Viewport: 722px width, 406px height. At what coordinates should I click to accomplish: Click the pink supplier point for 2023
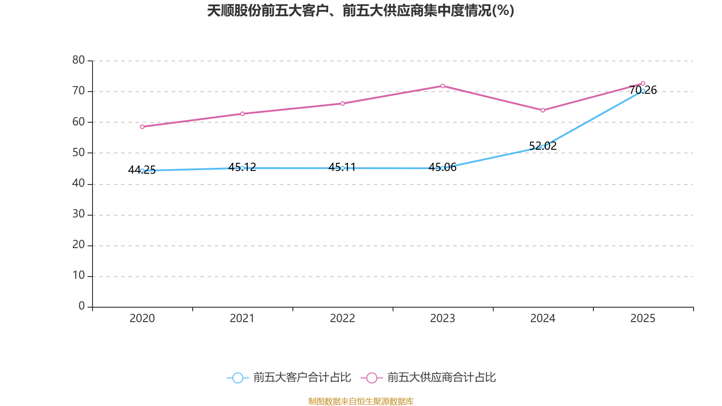pos(443,86)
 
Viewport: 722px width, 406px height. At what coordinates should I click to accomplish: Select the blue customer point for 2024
pos(543,147)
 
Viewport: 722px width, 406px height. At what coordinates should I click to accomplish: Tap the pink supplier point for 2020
pos(142,127)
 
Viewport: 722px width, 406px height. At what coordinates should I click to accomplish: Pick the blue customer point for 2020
pos(142,171)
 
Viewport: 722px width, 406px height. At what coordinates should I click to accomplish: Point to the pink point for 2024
pos(543,110)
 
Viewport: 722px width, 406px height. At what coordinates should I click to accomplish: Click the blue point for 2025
pos(643,91)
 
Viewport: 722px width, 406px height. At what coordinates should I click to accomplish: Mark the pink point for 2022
pos(342,103)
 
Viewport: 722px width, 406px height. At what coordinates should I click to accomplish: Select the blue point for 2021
pos(242,168)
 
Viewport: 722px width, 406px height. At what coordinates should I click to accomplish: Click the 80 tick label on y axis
pos(79,60)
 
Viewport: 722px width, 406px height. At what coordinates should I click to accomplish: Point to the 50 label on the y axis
pos(79,152)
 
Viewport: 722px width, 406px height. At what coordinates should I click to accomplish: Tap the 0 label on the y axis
pos(82,306)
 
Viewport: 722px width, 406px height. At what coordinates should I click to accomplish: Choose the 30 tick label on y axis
pos(79,214)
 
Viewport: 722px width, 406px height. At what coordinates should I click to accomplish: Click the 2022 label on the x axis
pos(342,318)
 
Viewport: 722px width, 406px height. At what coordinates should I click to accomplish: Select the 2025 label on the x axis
pos(643,318)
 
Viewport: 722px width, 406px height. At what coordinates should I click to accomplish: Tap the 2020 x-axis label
pos(142,318)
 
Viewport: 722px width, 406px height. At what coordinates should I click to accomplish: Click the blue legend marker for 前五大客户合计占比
pos(237,378)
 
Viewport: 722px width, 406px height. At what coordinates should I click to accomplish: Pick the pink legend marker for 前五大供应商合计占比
pos(371,378)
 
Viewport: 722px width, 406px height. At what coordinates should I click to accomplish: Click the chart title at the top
pos(361,10)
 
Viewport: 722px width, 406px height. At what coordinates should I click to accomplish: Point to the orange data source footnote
pos(361,401)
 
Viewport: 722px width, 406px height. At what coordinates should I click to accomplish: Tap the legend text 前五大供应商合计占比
pos(441,378)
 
